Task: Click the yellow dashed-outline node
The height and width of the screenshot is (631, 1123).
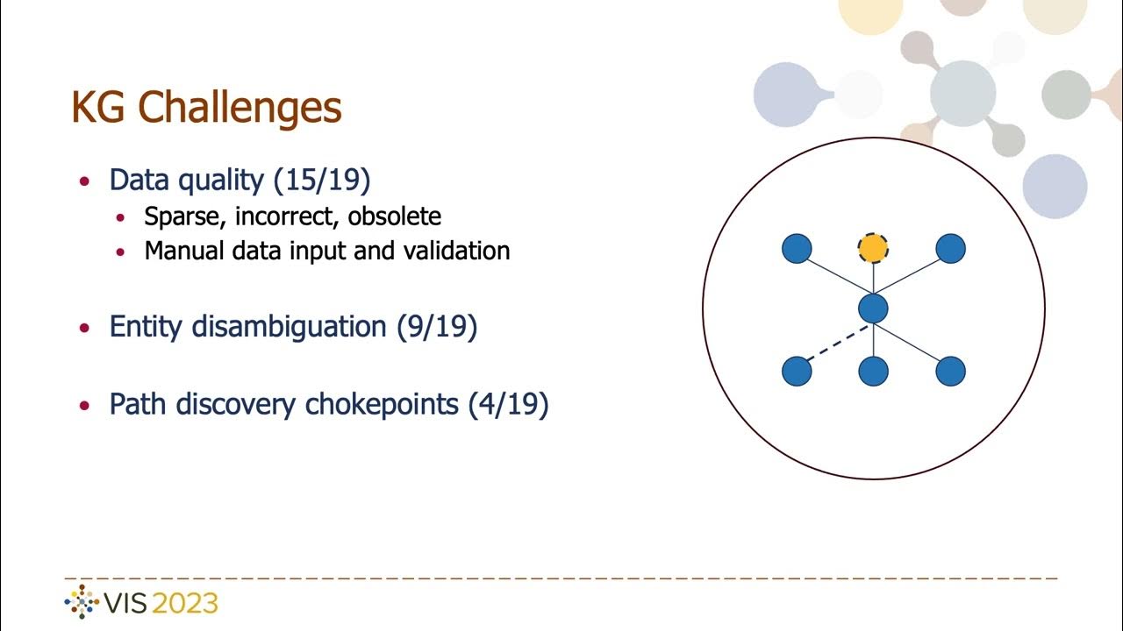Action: pyautogui.click(x=873, y=249)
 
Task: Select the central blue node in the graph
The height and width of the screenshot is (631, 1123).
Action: pyautogui.click(x=873, y=308)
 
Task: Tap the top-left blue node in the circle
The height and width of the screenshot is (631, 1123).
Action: pyautogui.click(x=797, y=249)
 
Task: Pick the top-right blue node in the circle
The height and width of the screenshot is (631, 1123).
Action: pyautogui.click(x=950, y=249)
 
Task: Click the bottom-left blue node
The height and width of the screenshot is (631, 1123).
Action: pyautogui.click(x=797, y=372)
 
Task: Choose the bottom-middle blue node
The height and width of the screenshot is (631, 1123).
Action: pyautogui.click(x=873, y=372)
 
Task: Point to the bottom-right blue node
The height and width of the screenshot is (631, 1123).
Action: pyautogui.click(x=950, y=372)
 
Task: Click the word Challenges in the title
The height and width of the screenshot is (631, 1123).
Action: pyautogui.click(x=240, y=108)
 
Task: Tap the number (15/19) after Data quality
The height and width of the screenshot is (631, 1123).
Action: pyautogui.click(x=322, y=180)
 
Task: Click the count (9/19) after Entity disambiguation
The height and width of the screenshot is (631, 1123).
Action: pyautogui.click(x=436, y=327)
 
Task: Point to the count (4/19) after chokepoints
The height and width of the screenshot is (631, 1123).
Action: pyautogui.click(x=508, y=404)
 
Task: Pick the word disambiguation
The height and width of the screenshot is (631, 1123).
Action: pyautogui.click(x=296, y=327)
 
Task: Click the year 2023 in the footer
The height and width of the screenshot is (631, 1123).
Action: pyautogui.click(x=185, y=604)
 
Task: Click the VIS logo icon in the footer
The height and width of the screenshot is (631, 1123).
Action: pyautogui.click(x=82, y=603)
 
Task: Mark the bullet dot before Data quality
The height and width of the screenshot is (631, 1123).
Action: pyautogui.click(x=84, y=181)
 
